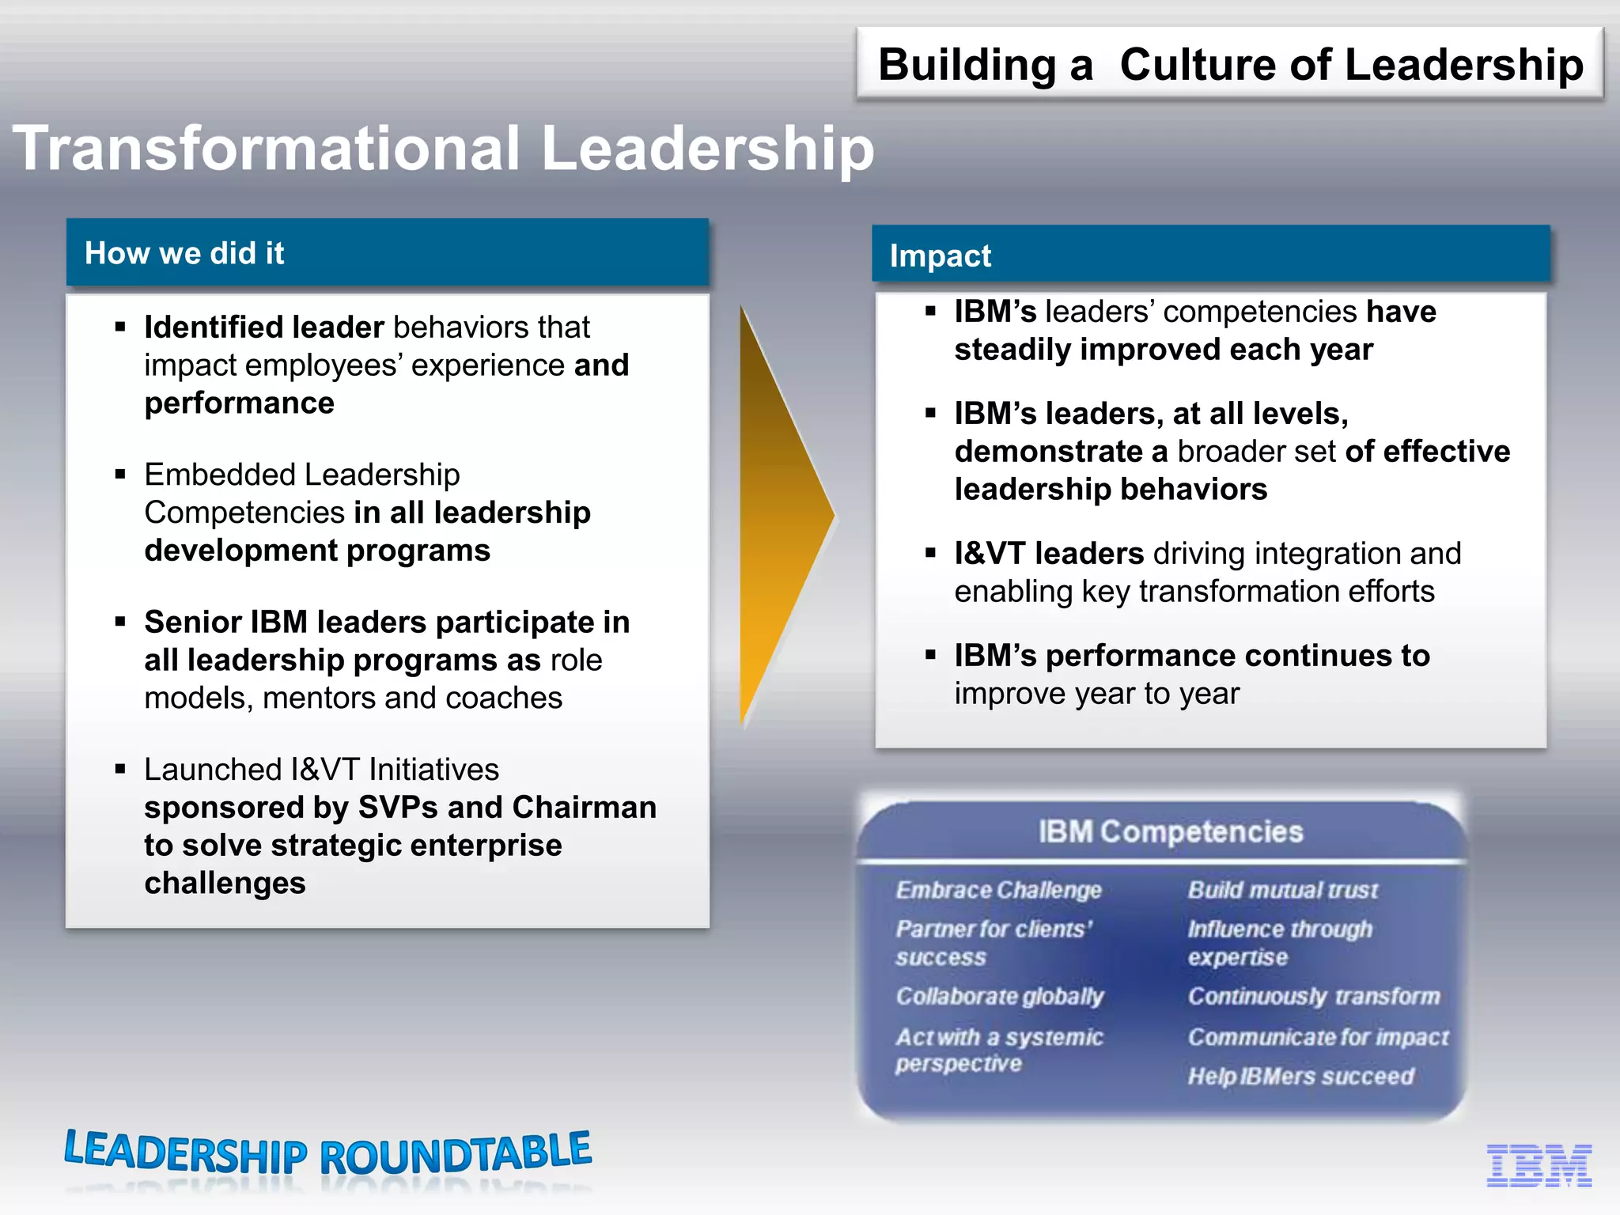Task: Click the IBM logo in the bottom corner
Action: click(1539, 1165)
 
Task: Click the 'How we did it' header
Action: click(184, 253)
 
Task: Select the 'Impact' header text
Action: click(940, 255)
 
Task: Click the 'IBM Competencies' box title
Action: click(1170, 832)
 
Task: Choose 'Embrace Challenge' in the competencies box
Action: click(998, 891)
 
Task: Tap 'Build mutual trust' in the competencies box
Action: click(1282, 891)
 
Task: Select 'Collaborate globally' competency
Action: click(999, 997)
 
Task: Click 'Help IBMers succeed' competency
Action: click(1300, 1077)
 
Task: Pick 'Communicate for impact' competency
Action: click(1318, 1037)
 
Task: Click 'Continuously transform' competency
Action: click(1313, 997)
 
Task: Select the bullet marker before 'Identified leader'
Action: click(120, 327)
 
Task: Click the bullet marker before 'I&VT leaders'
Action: click(930, 554)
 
